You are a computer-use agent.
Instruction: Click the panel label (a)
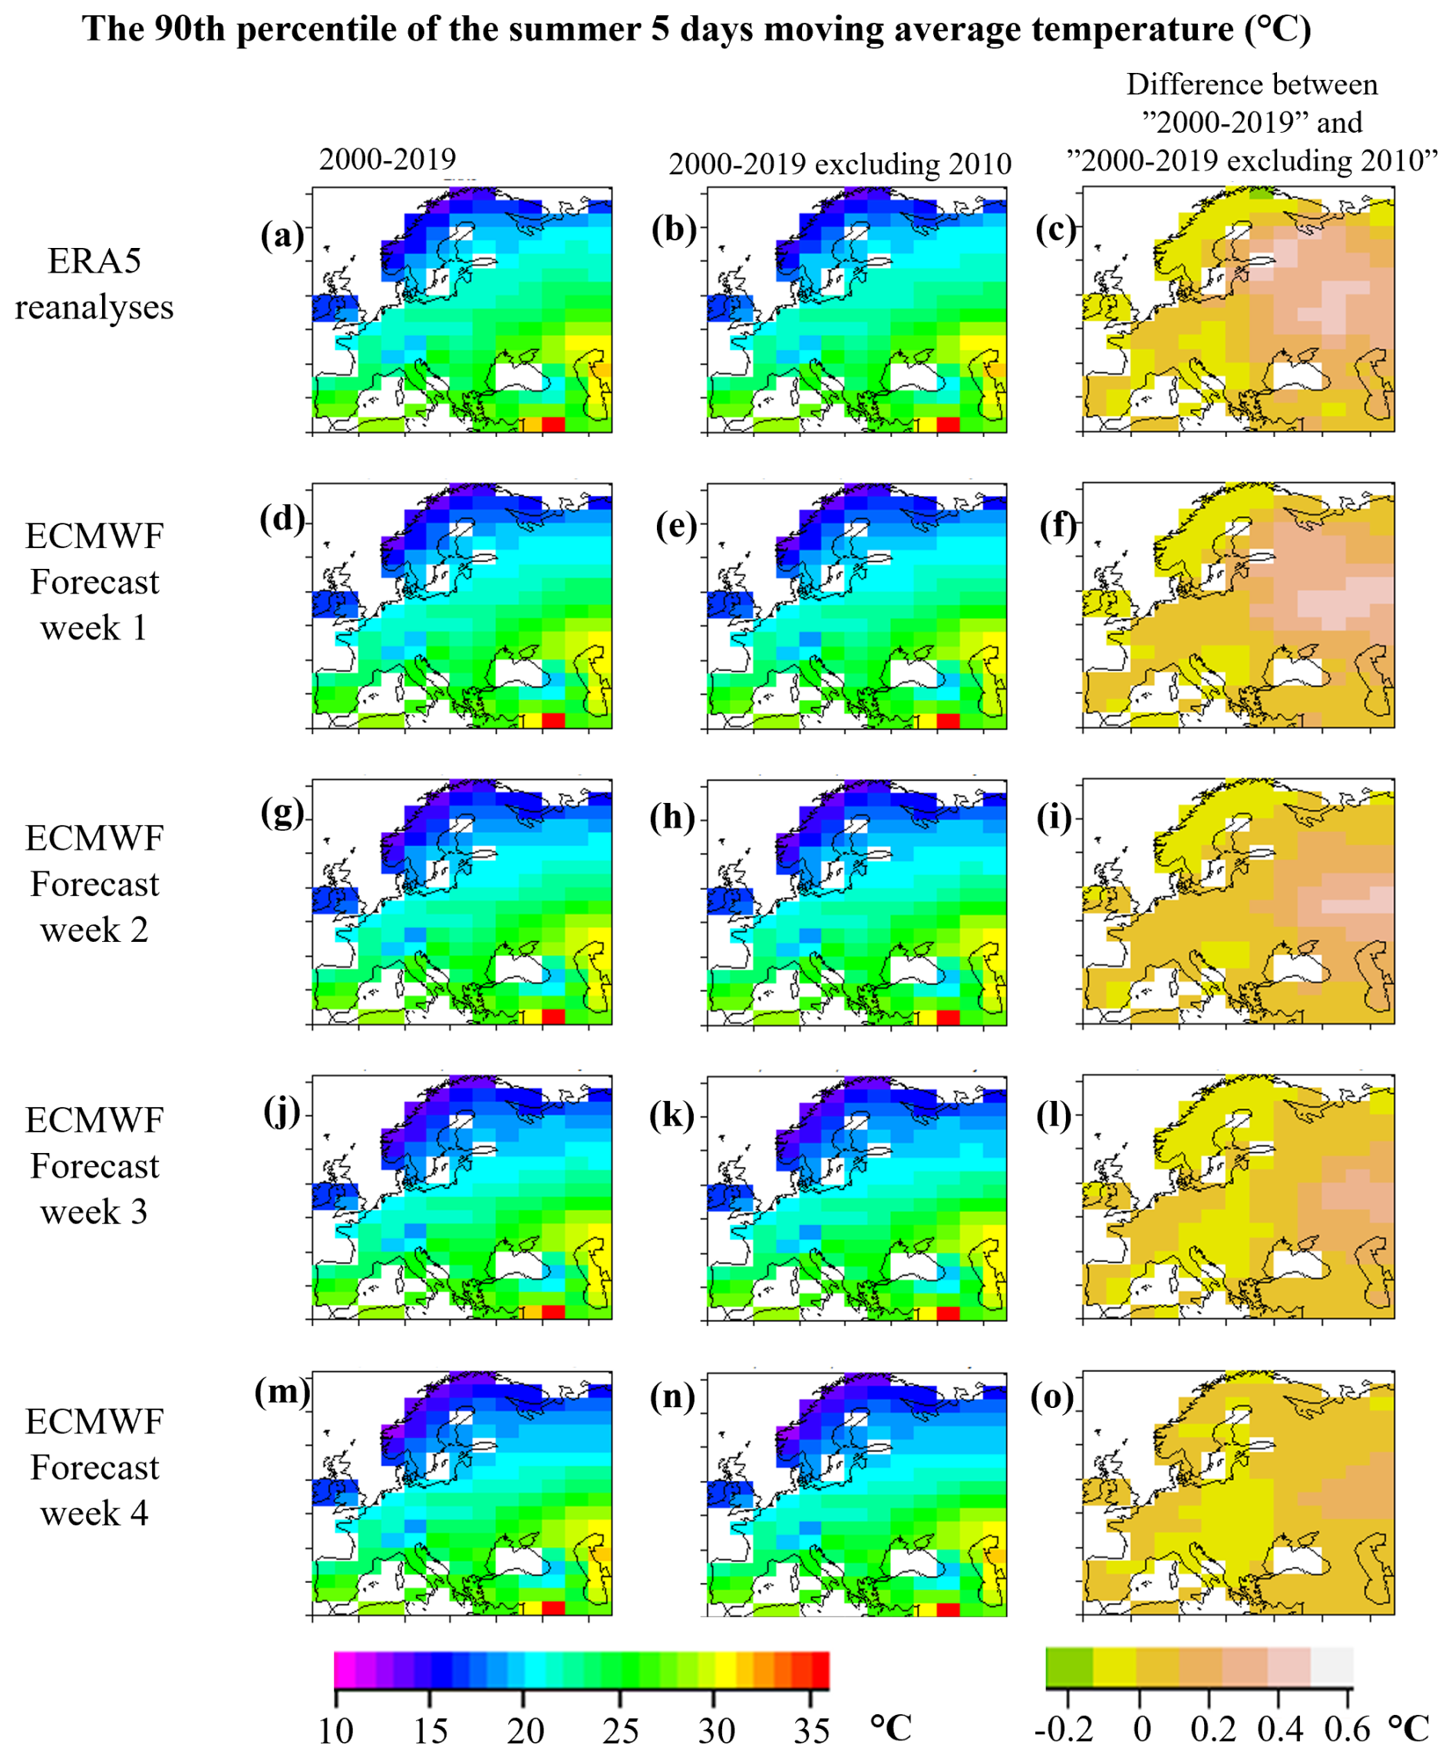pos(282,235)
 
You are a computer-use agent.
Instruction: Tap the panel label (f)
pos(1058,524)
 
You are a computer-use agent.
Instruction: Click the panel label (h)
pos(672,817)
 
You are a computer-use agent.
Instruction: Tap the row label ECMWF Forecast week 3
pos(94,1165)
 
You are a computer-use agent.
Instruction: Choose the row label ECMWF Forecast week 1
pos(94,582)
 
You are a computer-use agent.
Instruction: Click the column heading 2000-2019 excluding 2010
pos(840,164)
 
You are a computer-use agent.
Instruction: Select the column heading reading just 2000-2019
pos(388,159)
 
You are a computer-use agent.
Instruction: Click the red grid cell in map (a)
pos(553,425)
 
